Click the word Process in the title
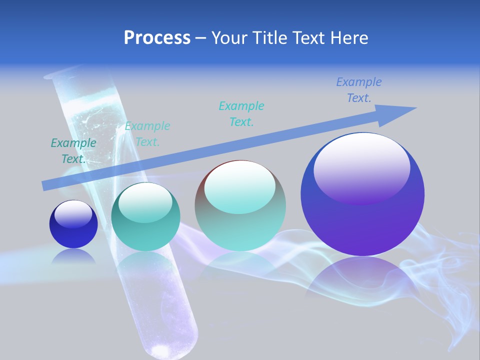pyautogui.click(x=157, y=37)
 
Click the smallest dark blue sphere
pyautogui.click(x=73, y=224)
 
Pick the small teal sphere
pyautogui.click(x=145, y=217)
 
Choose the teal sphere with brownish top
pyautogui.click(x=240, y=205)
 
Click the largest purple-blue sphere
pyautogui.click(x=362, y=194)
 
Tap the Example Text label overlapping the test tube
pyautogui.click(x=147, y=134)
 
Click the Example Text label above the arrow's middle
pyautogui.click(x=241, y=113)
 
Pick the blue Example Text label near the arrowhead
pyautogui.click(x=359, y=90)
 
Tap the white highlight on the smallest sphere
pyautogui.click(x=73, y=213)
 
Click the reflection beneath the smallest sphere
pyautogui.click(x=73, y=256)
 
